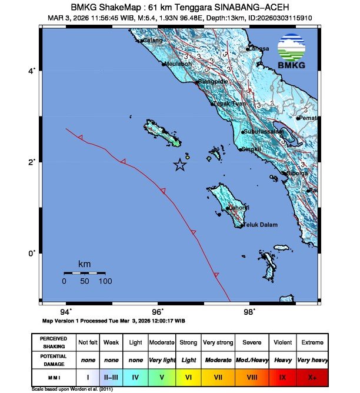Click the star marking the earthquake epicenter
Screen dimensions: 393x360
[x=180, y=165]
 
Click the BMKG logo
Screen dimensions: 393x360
[x=292, y=52]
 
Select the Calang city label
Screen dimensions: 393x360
[x=153, y=41]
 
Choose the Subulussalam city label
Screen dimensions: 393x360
[x=262, y=131]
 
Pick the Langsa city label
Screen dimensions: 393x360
[x=259, y=48]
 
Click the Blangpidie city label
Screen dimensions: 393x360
[x=212, y=82]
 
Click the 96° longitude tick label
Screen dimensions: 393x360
[x=158, y=311]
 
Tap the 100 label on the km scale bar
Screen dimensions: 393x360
[x=105, y=282]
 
